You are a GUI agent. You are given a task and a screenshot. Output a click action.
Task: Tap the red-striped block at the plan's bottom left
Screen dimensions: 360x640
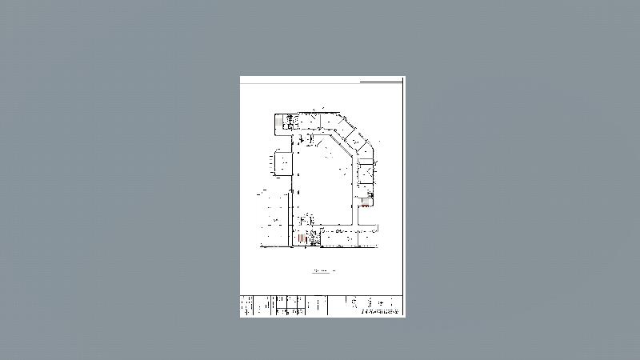[299, 238]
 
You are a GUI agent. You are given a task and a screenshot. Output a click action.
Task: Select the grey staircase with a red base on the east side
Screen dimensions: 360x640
[365, 202]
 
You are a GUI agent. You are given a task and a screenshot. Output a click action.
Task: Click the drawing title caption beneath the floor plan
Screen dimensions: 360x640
[324, 272]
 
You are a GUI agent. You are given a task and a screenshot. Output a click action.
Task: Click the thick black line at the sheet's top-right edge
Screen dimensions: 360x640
[381, 81]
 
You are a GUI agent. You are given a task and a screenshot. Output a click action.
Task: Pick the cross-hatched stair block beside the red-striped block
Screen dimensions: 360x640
[314, 238]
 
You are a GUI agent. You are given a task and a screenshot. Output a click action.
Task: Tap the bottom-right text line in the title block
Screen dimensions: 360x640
[380, 313]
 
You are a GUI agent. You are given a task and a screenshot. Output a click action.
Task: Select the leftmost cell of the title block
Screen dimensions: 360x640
[246, 306]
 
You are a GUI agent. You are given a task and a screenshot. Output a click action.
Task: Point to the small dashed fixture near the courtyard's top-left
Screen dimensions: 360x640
[311, 141]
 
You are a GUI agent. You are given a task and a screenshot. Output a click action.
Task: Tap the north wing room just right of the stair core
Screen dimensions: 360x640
[308, 121]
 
